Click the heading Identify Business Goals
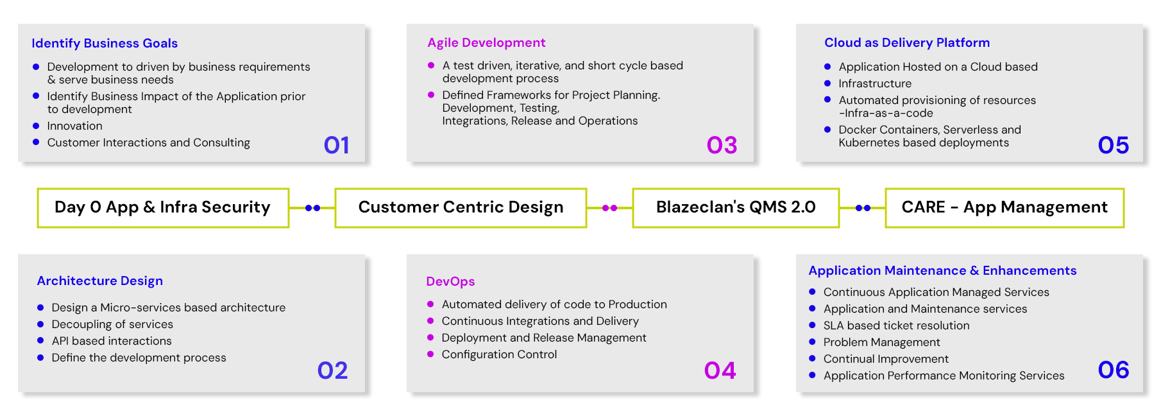[105, 43]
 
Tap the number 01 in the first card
[336, 145]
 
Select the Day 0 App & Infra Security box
[163, 207]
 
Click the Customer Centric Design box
[461, 207]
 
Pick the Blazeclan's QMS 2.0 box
[736, 207]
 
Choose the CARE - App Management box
[1004, 207]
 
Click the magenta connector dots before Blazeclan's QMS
[609, 208]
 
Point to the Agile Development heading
[486, 42]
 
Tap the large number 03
[722, 145]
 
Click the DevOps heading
[450, 281]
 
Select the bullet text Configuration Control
[499, 354]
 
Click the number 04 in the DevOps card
[720, 370]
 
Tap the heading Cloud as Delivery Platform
[906, 42]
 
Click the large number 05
[1113, 145]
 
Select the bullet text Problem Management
[881, 342]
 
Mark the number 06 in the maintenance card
[1113, 370]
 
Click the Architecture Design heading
[99, 281]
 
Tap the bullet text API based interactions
[112, 341]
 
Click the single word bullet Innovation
[74, 126]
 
